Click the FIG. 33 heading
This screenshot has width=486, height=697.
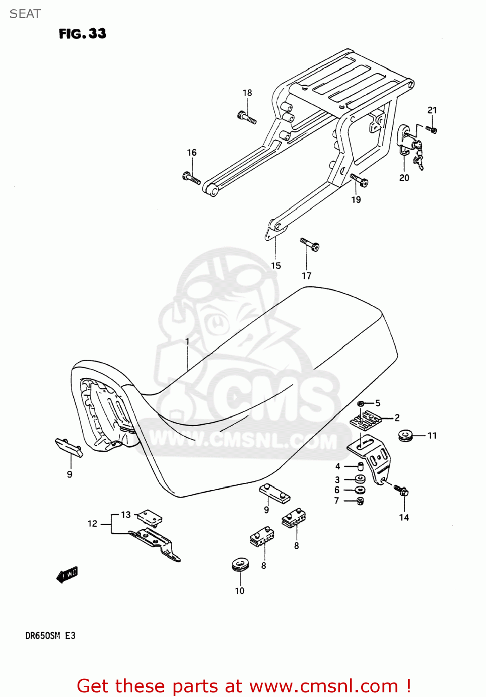click(x=82, y=33)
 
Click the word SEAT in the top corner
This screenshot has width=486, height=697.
click(x=25, y=14)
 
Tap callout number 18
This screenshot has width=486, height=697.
click(x=247, y=93)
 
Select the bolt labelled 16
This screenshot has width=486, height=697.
click(x=191, y=177)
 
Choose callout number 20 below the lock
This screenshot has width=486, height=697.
click(x=404, y=178)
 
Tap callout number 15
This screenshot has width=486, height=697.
click(x=276, y=265)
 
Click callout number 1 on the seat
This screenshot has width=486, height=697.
click(x=187, y=342)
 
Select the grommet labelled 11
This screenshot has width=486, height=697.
click(x=405, y=436)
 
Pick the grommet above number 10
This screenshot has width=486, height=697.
click(x=241, y=564)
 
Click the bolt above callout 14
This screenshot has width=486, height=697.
click(x=401, y=489)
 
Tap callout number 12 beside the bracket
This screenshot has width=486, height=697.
click(x=92, y=524)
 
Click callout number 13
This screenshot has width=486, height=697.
click(x=126, y=514)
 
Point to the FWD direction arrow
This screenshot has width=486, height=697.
click(x=67, y=574)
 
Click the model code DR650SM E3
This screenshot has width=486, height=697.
click(x=50, y=635)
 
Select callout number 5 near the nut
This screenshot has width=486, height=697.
click(x=378, y=403)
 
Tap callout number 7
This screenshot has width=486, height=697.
click(x=337, y=500)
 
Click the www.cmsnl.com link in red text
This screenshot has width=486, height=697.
click(x=324, y=686)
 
